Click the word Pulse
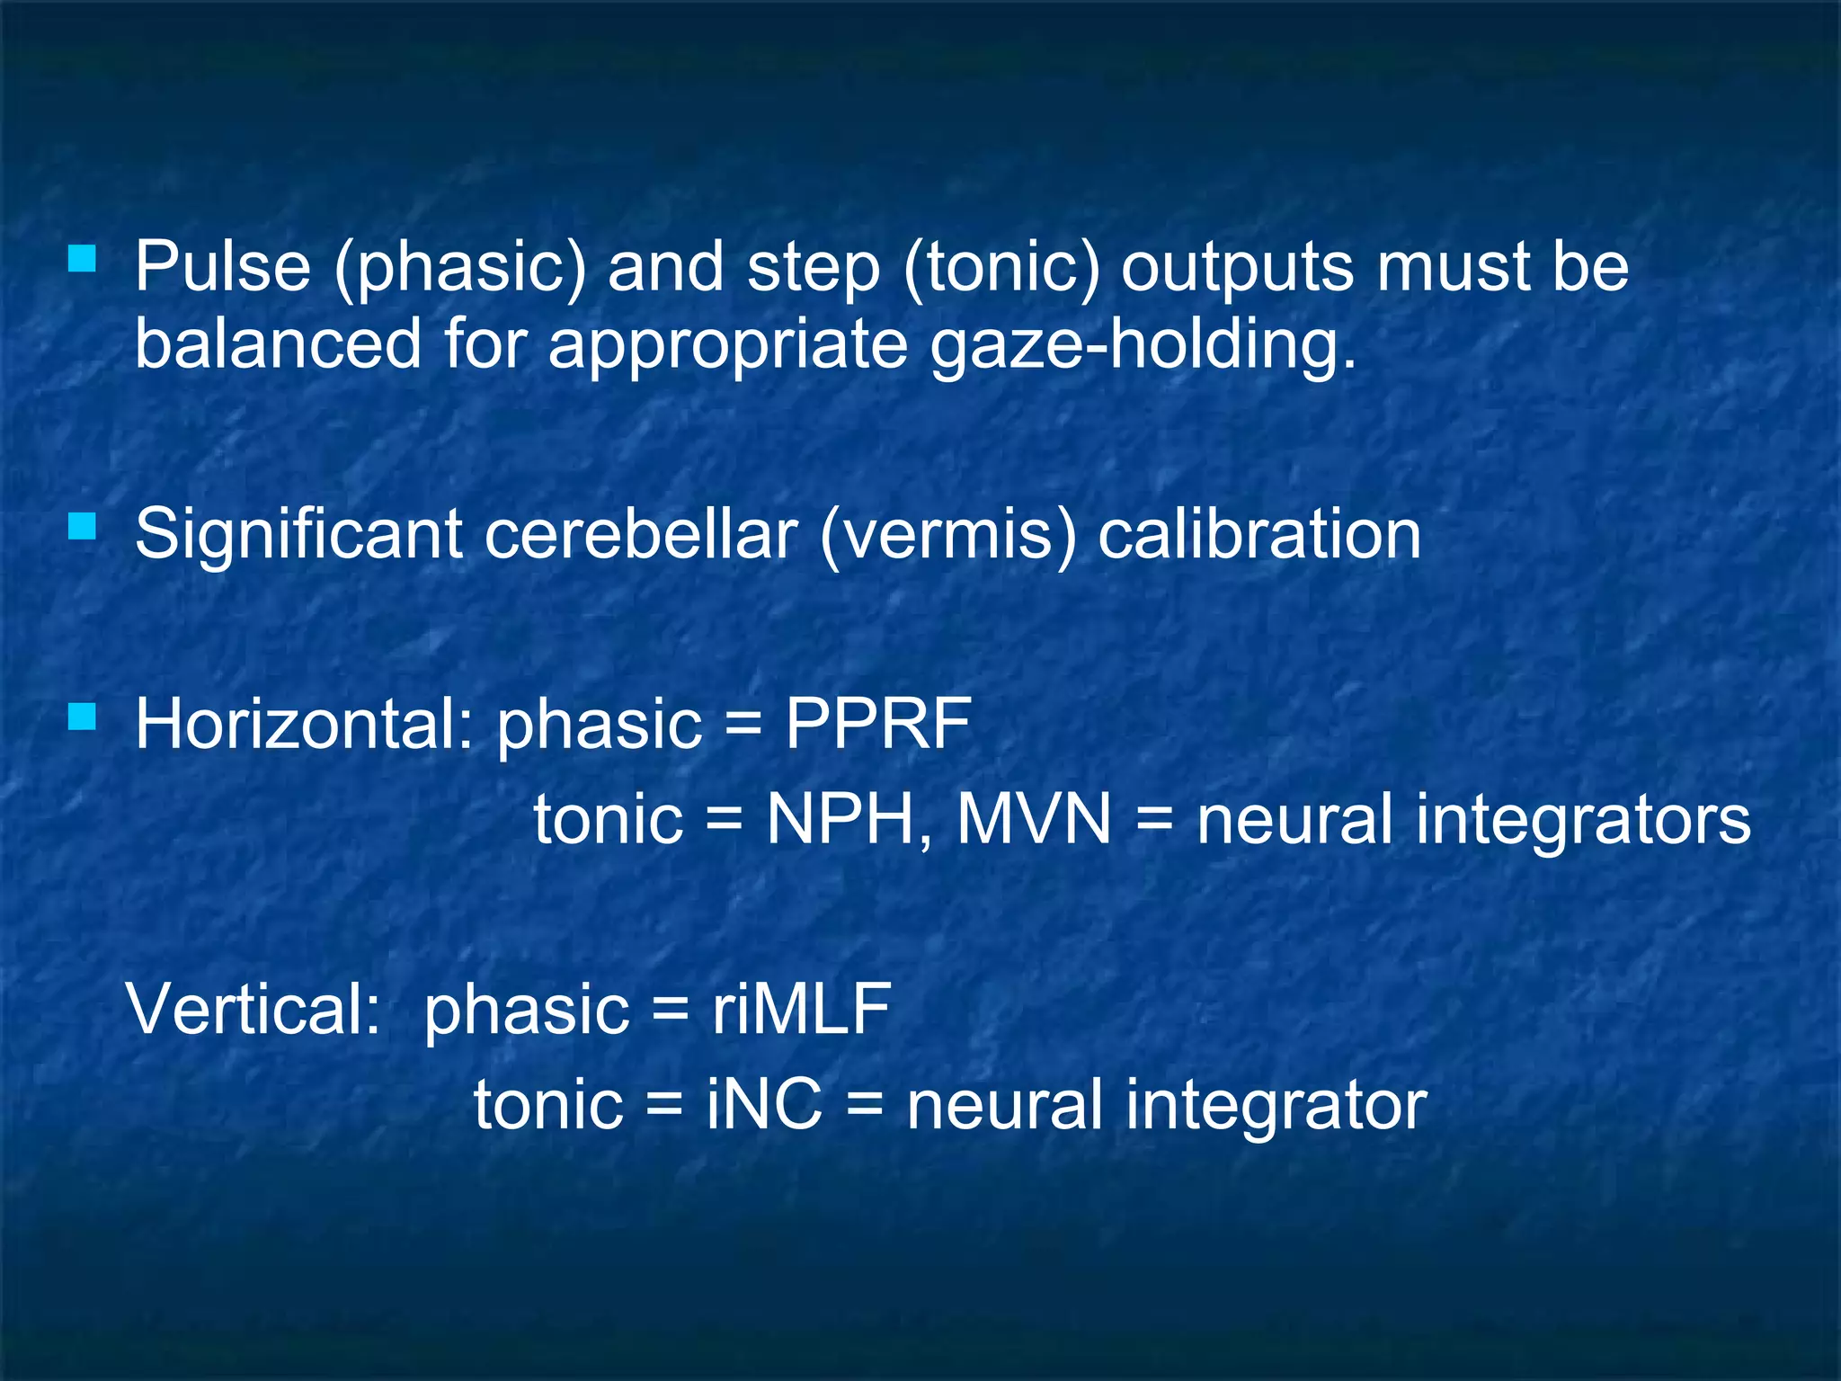(x=222, y=267)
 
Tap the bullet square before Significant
(x=82, y=525)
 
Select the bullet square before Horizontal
(x=82, y=717)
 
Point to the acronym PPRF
(x=878, y=724)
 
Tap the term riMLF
(x=801, y=1009)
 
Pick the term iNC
(x=764, y=1104)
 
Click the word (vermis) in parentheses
(x=948, y=535)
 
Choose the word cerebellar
(x=641, y=535)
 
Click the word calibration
(x=1259, y=535)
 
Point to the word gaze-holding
(x=1143, y=346)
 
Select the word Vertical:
(x=254, y=1009)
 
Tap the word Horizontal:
(x=304, y=724)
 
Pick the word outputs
(x=1237, y=269)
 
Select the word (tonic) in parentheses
(x=1001, y=269)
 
